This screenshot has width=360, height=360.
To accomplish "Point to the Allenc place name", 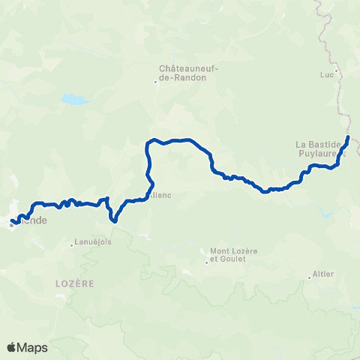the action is [x=160, y=196].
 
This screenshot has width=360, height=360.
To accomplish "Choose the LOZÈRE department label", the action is [x=74, y=284].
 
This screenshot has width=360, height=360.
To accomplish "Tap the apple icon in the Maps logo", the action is [x=12, y=346].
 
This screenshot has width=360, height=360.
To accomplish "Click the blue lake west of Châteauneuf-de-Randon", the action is [x=74, y=99].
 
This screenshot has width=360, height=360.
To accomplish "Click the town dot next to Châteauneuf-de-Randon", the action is [x=157, y=82].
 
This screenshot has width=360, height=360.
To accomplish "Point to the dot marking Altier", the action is [x=310, y=277].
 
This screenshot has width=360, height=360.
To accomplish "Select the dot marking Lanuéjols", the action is [x=73, y=244].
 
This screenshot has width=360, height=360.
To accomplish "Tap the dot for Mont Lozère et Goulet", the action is [x=206, y=262].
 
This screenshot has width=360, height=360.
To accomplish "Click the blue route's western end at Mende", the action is [x=13, y=221].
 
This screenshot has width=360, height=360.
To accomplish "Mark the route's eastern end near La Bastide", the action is [x=349, y=136].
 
